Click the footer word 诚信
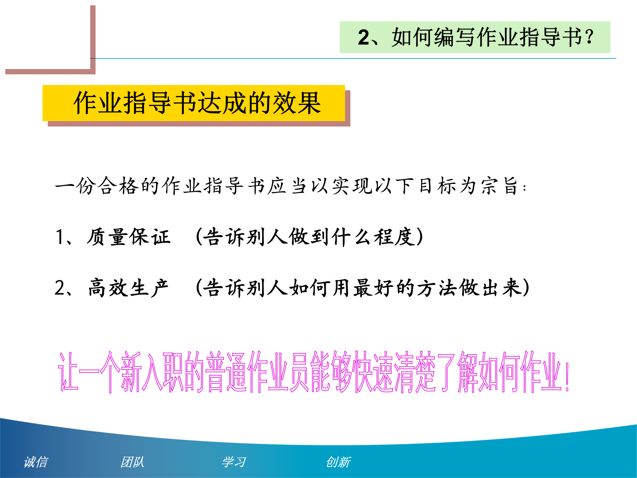point(36,462)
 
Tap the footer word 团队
point(132,462)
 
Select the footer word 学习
point(234,462)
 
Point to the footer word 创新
point(338,462)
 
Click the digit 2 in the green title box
point(364,37)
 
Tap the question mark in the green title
point(589,37)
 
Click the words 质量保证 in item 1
point(129,237)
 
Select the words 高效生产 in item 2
point(129,288)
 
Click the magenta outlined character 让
point(68,372)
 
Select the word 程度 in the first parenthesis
point(395,237)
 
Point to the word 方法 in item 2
point(438,288)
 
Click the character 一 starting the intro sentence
point(65,186)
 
